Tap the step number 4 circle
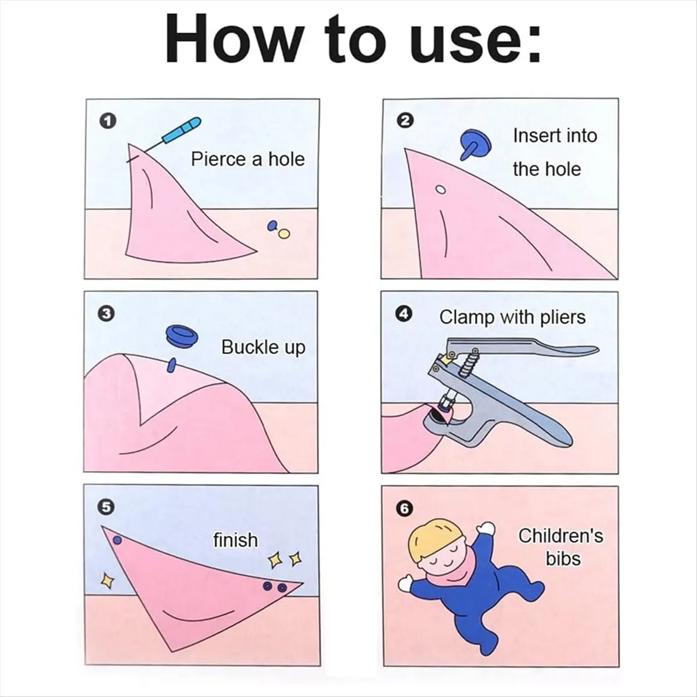click(405, 314)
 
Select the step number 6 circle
click(405, 509)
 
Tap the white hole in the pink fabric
click(440, 189)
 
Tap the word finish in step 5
click(235, 540)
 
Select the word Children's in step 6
click(561, 536)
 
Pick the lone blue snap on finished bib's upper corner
click(117, 541)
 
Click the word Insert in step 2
click(529, 136)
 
